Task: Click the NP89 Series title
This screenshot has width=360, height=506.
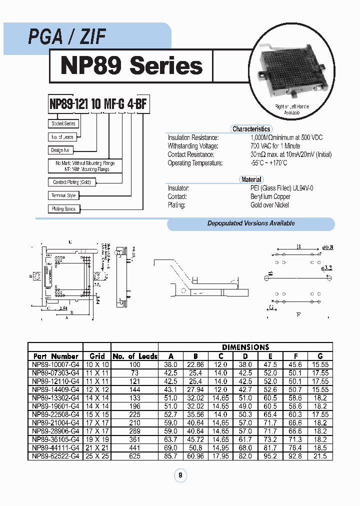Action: [131, 65]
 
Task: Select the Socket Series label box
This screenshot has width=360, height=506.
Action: [63, 123]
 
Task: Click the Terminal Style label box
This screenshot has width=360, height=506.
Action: [63, 195]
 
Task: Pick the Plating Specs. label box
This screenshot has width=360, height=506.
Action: [64, 208]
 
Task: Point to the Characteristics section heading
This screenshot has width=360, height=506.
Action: [251, 129]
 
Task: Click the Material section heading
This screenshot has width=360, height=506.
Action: [251, 179]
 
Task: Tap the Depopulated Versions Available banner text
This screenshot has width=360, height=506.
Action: [251, 223]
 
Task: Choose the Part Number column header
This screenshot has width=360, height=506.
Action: [55, 356]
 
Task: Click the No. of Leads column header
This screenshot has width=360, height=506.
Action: [134, 356]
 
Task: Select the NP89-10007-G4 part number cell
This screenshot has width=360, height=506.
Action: [55, 365]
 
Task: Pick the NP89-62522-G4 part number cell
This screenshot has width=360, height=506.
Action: [55, 456]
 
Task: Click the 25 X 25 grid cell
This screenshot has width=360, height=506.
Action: [96, 456]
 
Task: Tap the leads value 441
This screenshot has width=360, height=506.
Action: [134, 448]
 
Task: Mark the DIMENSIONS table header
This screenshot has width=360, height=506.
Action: [245, 347]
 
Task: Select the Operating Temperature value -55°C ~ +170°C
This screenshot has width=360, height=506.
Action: [269, 163]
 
